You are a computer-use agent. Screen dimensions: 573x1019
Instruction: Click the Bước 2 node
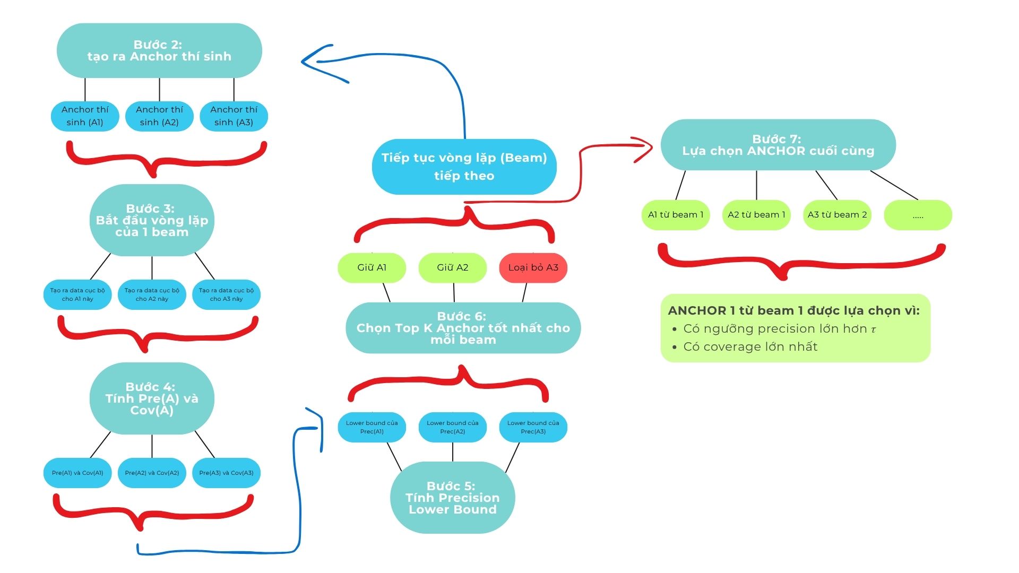[159, 51]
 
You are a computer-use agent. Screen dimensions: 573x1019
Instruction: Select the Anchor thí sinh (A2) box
[159, 116]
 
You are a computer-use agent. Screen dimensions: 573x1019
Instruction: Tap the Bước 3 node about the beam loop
[152, 220]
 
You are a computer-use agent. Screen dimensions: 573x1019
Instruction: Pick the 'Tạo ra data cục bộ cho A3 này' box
[226, 294]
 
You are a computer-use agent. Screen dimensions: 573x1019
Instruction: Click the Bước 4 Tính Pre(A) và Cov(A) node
[152, 398]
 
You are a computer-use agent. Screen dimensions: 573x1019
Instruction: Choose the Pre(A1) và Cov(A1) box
[77, 473]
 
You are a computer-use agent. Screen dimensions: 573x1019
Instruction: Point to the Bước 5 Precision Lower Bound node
[453, 498]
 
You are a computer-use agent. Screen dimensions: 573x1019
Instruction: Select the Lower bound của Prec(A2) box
[453, 427]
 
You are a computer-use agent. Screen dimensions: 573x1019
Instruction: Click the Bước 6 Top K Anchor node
[463, 328]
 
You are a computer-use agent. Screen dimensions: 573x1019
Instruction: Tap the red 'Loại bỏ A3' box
[533, 267]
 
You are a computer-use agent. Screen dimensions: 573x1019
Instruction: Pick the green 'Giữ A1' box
[372, 267]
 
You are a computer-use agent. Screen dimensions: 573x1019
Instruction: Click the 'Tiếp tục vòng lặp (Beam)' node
[464, 167]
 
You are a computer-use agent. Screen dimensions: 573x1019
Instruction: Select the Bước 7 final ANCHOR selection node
[778, 145]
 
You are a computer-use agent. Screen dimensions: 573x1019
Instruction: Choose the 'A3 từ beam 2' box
[837, 215]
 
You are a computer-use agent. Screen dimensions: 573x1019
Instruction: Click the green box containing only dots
[918, 215]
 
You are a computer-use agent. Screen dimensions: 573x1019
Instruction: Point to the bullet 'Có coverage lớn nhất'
[750, 347]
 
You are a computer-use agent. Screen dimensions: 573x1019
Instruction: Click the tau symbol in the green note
[873, 329]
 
